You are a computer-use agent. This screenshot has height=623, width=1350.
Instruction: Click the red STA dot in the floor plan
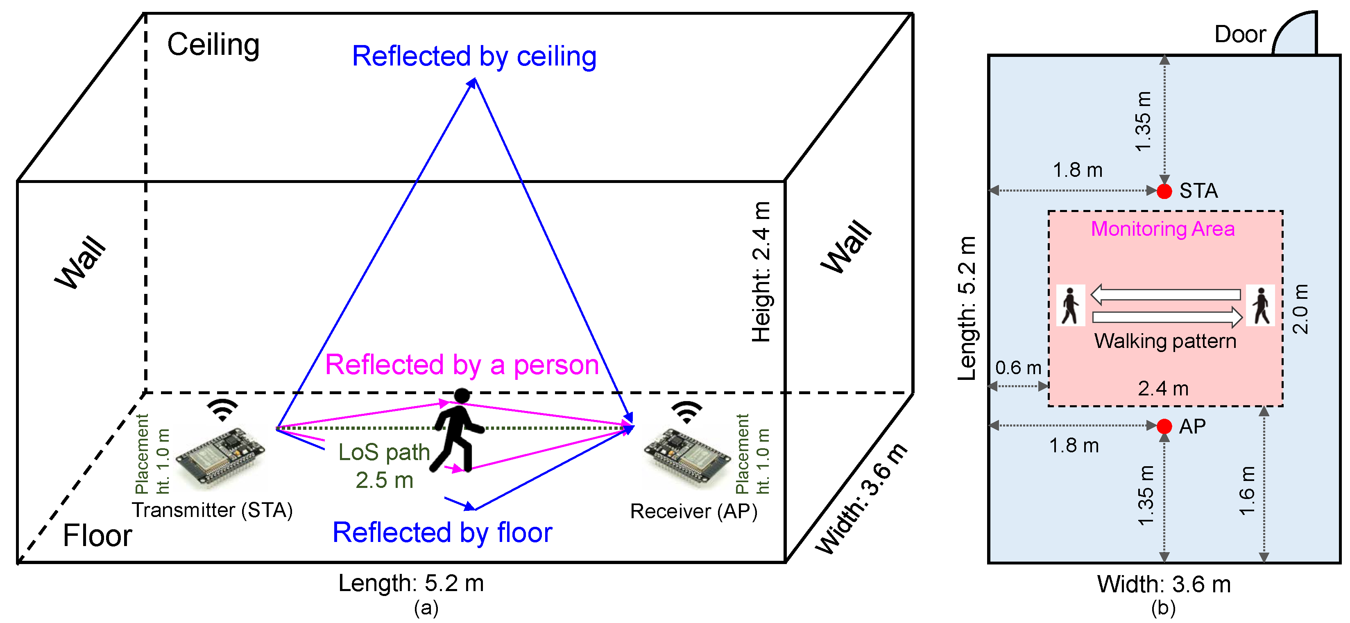1164,191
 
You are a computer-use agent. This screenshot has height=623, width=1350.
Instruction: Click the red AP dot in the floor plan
1164,426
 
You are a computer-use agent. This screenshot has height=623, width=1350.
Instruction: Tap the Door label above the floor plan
1240,34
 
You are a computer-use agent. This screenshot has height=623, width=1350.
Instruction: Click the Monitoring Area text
1162,229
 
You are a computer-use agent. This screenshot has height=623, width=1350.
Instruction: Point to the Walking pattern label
1165,341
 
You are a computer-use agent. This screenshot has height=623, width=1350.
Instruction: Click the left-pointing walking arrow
1166,294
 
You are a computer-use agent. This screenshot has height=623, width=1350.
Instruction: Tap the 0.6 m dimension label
1018,368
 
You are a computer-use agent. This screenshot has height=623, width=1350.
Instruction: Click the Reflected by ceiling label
474,56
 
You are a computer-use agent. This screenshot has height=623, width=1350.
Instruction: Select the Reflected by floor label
442,533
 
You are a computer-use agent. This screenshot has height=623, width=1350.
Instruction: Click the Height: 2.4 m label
761,272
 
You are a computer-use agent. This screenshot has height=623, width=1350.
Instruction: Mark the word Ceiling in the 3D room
213,45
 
